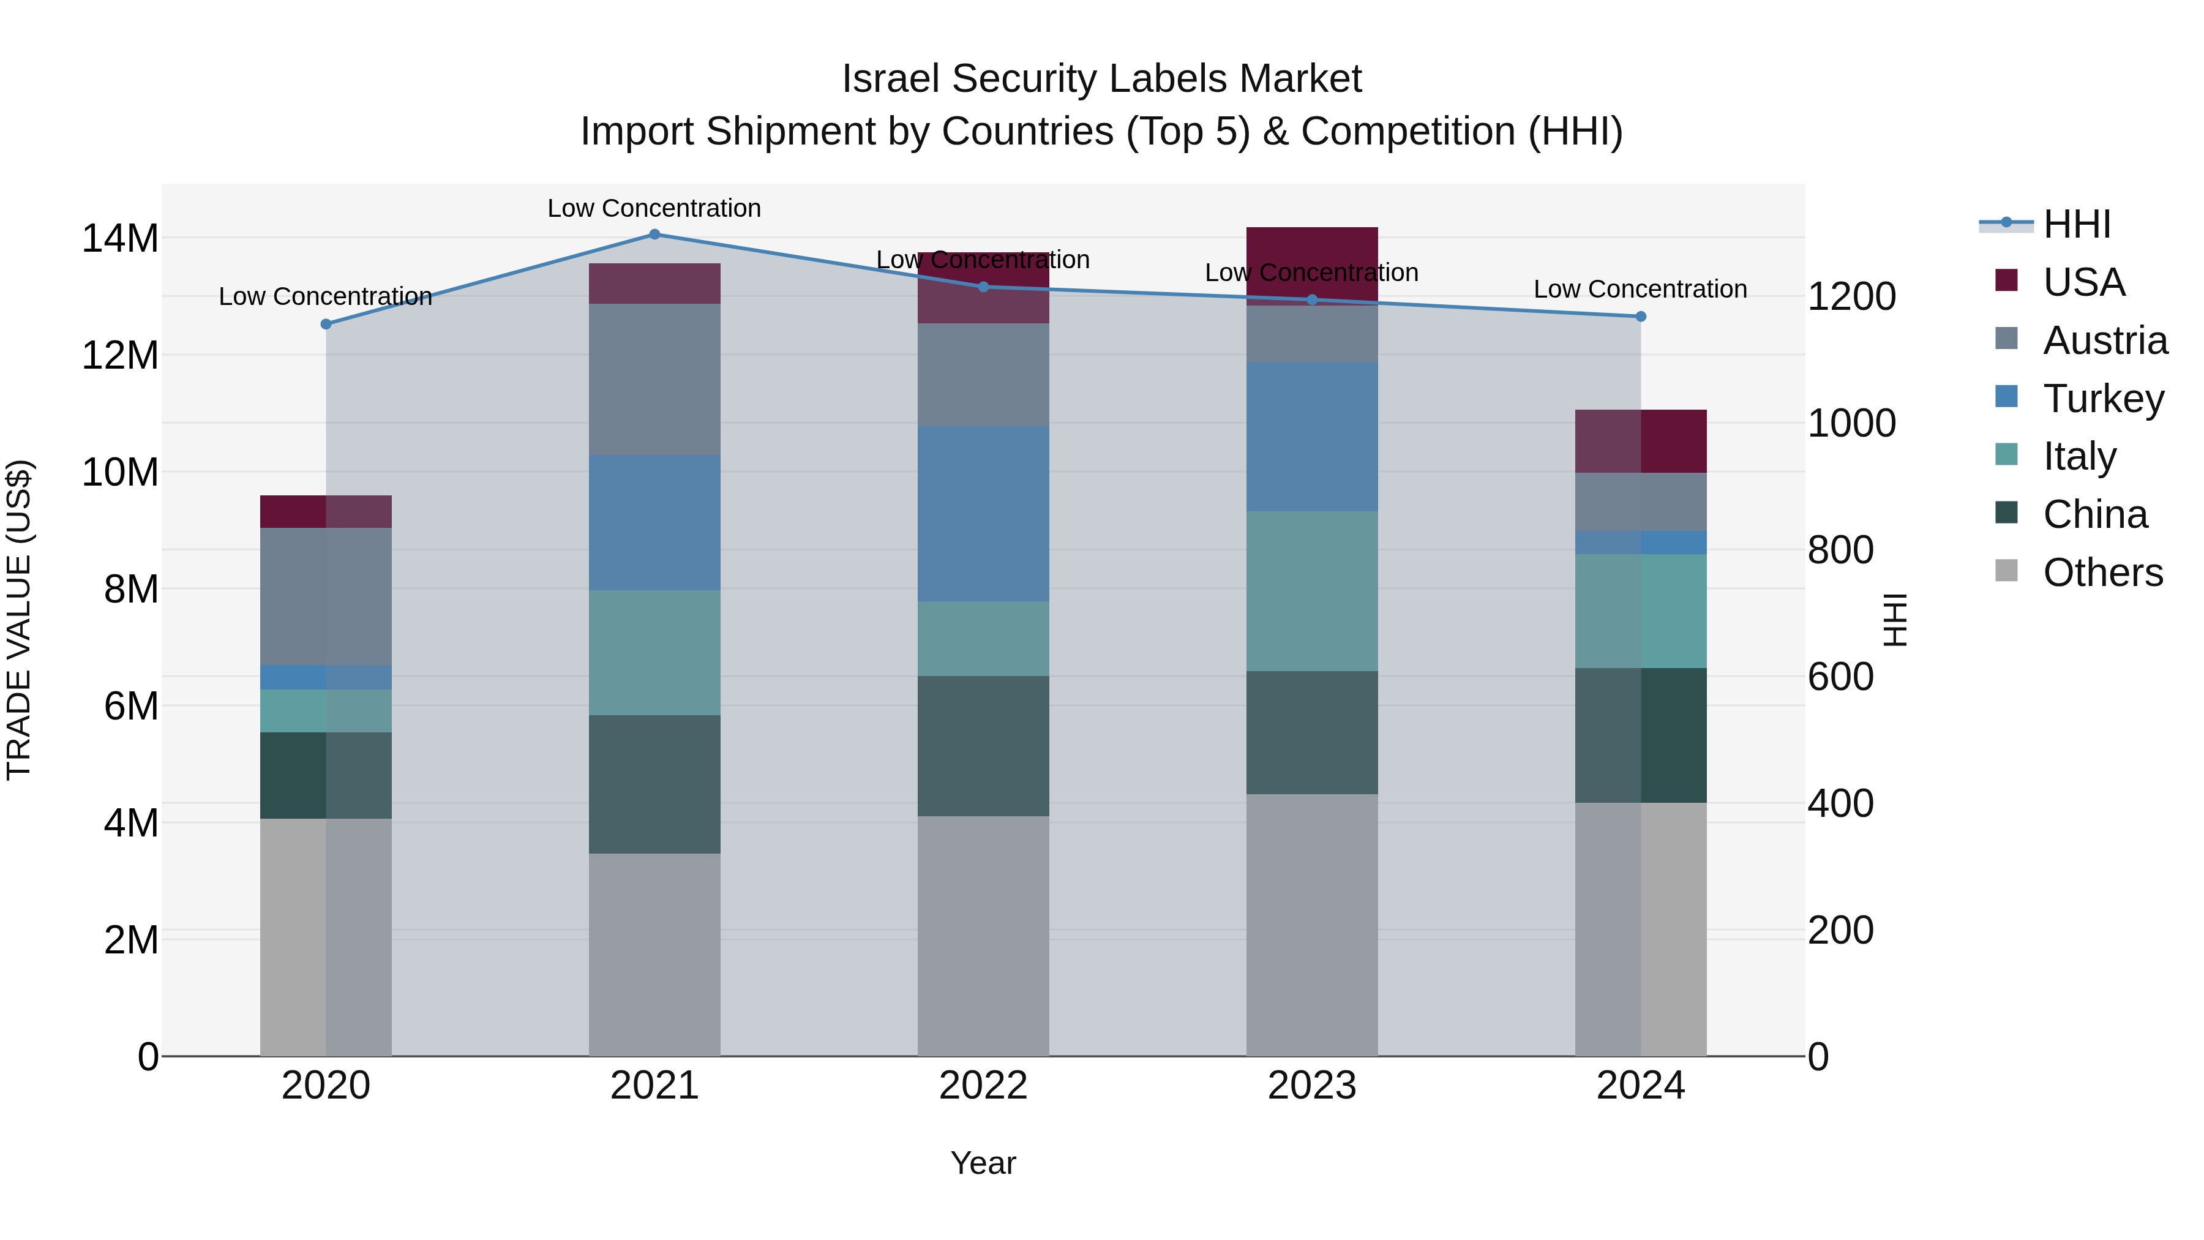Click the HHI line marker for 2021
tap(654, 235)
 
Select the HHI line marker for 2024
tap(1640, 317)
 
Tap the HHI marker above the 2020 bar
tap(326, 325)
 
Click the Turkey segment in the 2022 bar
tap(983, 514)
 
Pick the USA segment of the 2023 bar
tap(1311, 265)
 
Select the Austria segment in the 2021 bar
tap(654, 379)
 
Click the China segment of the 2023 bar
tap(1311, 732)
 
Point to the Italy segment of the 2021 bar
tap(654, 652)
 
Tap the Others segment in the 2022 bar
tap(983, 935)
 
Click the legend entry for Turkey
tap(2102, 399)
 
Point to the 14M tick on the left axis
tap(120, 238)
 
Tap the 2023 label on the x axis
tap(1311, 1086)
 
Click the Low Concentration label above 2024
tap(1640, 289)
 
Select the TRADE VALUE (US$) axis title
tap(19, 620)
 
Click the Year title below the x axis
tap(983, 1163)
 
